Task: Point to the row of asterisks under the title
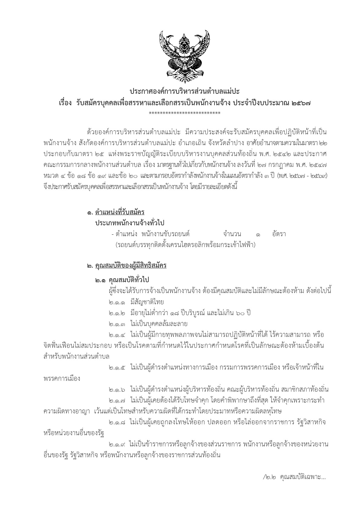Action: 185,113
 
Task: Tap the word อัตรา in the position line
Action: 279,234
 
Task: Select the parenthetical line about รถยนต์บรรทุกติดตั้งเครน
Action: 185,244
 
